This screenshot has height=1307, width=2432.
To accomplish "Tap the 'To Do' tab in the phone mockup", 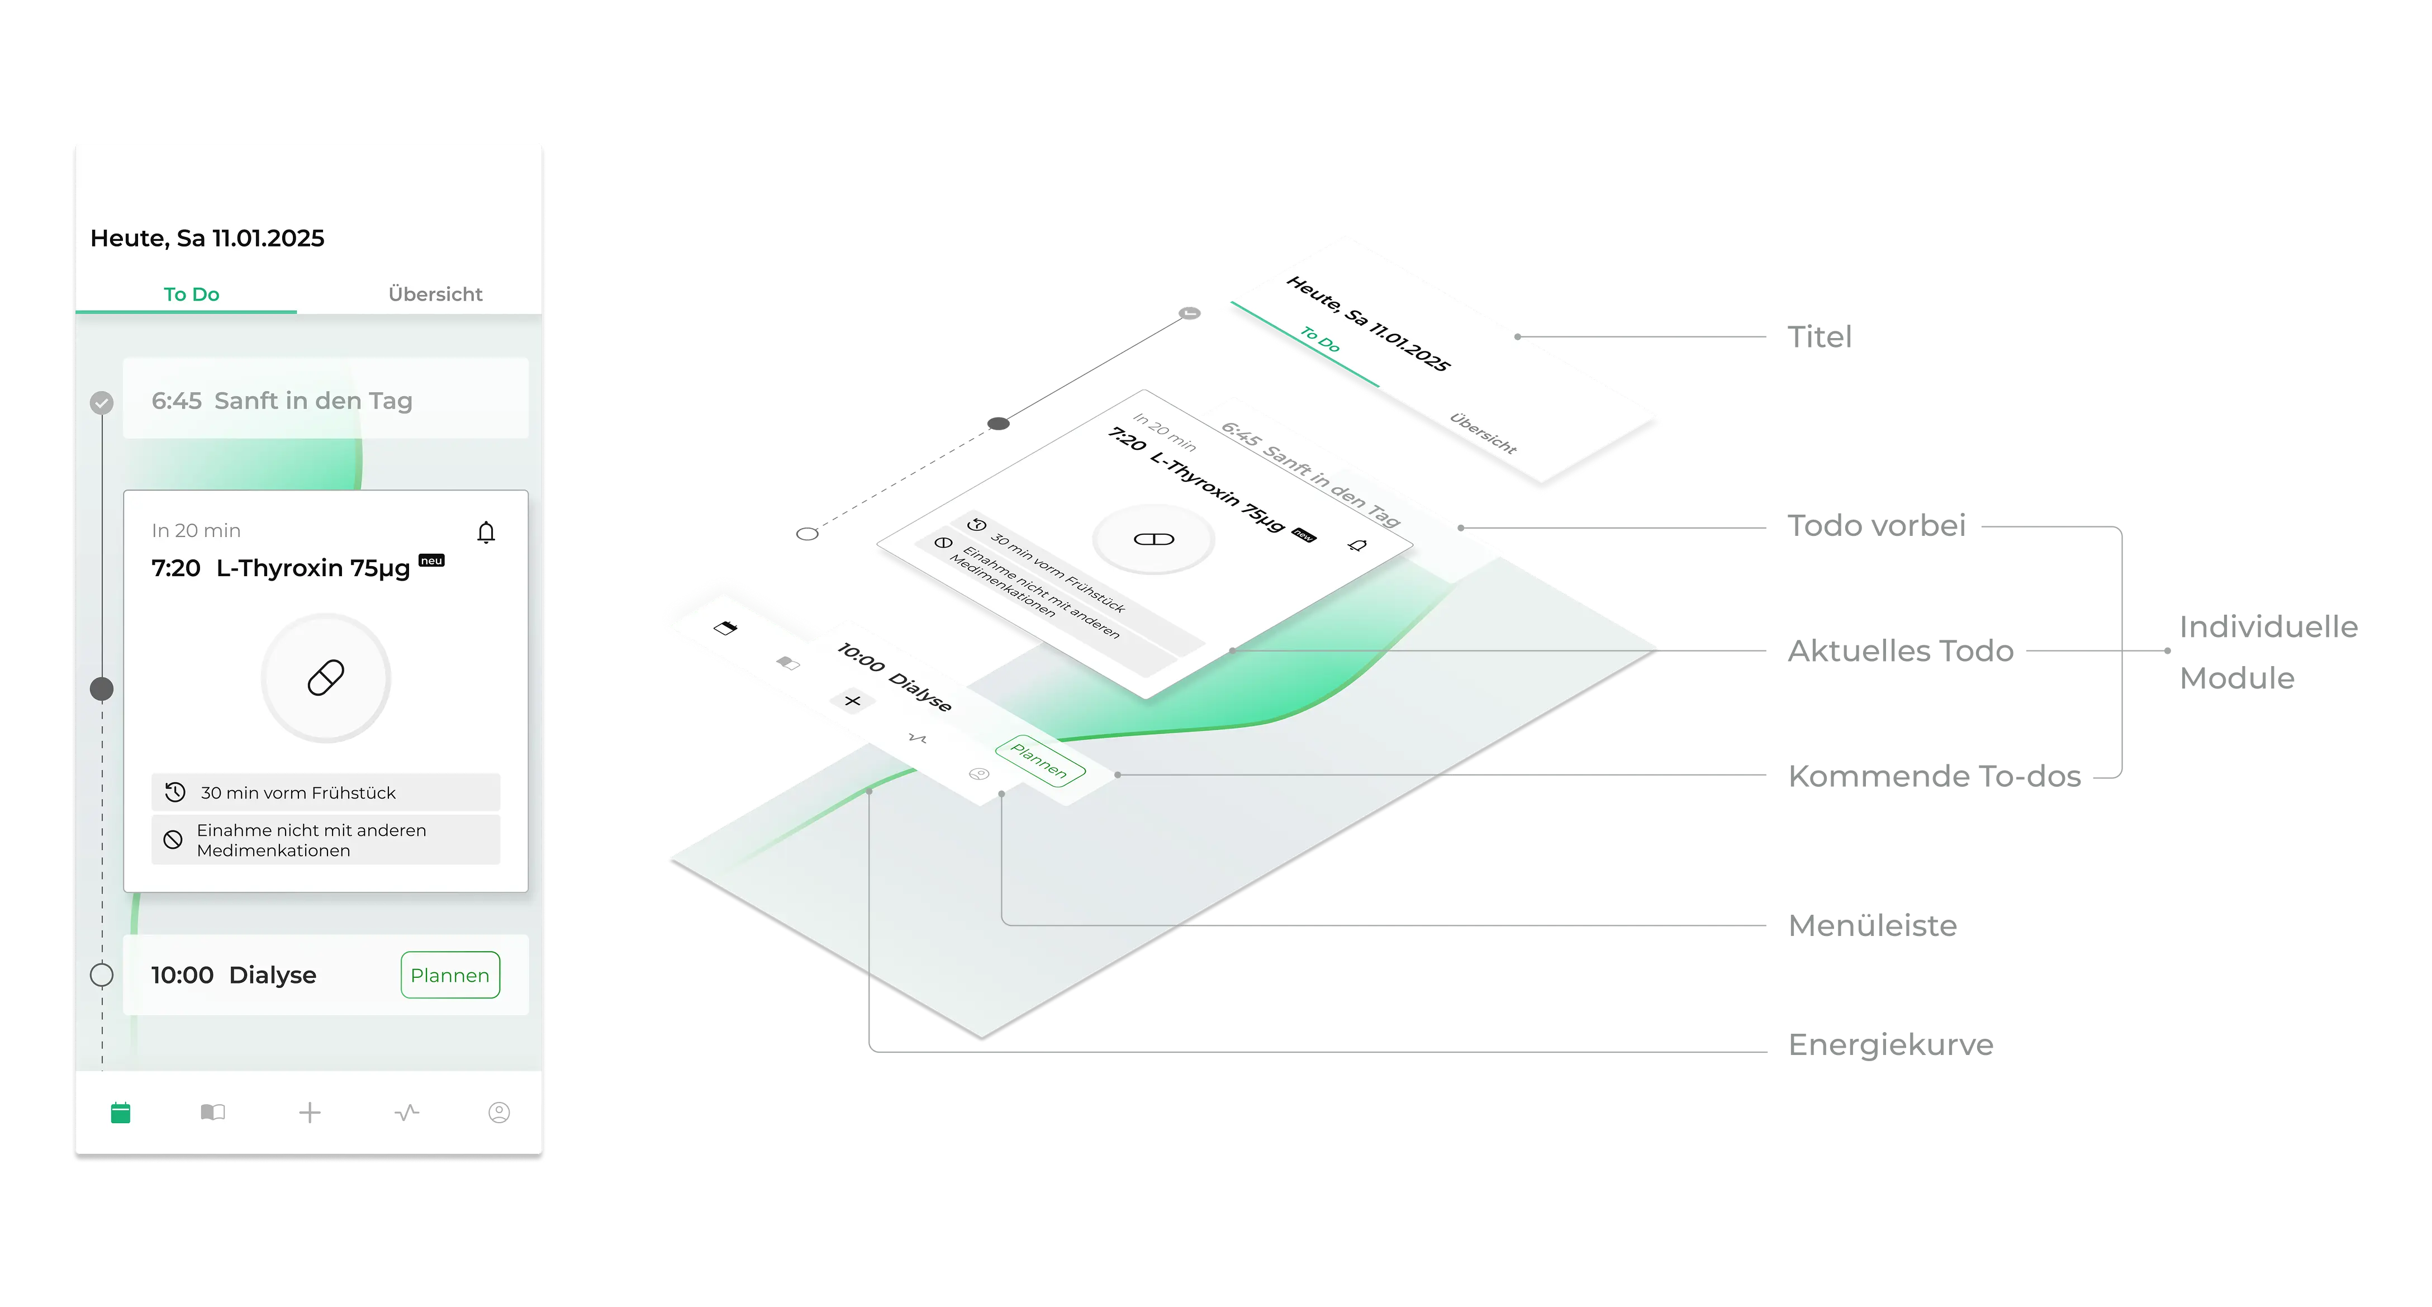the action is tap(192, 294).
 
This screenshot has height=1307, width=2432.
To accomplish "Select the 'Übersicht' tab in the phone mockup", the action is tap(435, 294).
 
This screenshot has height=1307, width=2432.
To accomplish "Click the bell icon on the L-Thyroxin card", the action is tap(486, 533).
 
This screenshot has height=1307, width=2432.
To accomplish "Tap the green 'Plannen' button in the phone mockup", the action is tap(450, 975).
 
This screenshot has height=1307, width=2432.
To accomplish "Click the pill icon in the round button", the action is tap(326, 678).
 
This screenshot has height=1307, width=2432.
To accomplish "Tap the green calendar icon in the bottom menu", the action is tap(121, 1113).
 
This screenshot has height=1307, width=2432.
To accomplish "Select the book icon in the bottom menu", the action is tap(213, 1113).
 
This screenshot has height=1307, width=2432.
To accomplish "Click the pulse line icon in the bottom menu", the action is tap(407, 1113).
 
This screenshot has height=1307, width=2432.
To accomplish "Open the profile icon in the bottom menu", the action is tap(500, 1113).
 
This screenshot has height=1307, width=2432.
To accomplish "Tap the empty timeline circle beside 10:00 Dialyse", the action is tap(102, 975).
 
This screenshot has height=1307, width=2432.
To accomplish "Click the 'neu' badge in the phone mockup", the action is tap(431, 561).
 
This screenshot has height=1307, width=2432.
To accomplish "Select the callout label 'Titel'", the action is tap(1820, 337).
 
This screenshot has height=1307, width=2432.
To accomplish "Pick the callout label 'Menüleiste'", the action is tap(1872, 925).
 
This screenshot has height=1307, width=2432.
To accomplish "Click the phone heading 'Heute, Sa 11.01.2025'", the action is tap(207, 238).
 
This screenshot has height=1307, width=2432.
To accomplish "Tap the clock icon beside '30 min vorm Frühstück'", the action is tap(175, 792).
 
